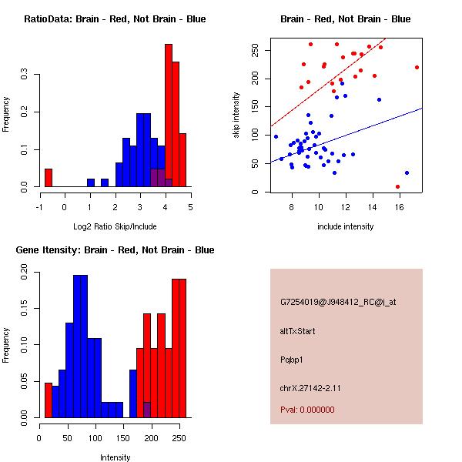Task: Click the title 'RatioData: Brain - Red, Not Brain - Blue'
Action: pyautogui.click(x=115, y=19)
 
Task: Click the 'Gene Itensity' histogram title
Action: pyautogui.click(x=115, y=250)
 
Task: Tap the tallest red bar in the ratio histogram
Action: pyautogui.click(x=168, y=115)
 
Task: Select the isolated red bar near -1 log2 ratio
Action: pyautogui.click(x=48, y=178)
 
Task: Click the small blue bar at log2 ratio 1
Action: pyautogui.click(x=91, y=183)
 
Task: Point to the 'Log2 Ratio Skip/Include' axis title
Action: pyautogui.click(x=115, y=226)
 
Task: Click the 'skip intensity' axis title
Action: pyautogui.click(x=236, y=115)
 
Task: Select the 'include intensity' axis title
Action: pyautogui.click(x=346, y=226)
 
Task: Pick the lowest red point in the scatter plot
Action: pyautogui.click(x=397, y=186)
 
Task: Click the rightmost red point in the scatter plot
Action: pyautogui.click(x=417, y=67)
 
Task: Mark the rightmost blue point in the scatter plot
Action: pyautogui.click(x=407, y=172)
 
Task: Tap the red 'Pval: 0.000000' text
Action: pyautogui.click(x=307, y=410)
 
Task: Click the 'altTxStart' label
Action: pyautogui.click(x=297, y=331)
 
